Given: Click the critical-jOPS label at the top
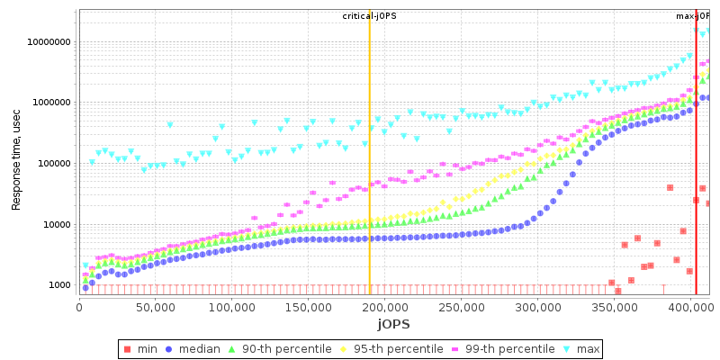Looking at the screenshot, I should (x=368, y=16).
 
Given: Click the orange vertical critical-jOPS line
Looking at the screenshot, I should (x=369, y=180).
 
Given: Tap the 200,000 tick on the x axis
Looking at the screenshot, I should (x=383, y=306).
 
